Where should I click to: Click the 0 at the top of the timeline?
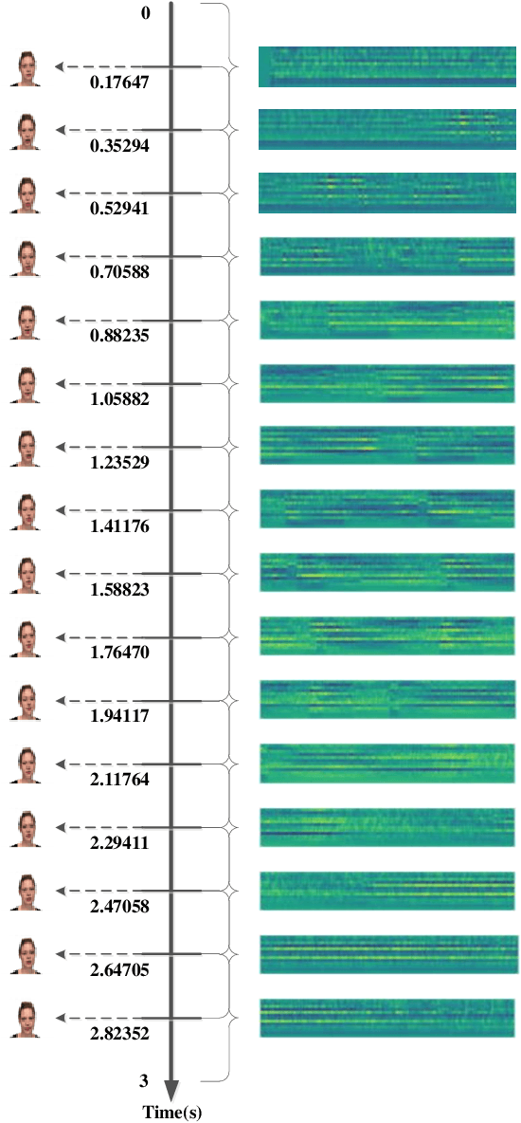pos(145,13)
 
